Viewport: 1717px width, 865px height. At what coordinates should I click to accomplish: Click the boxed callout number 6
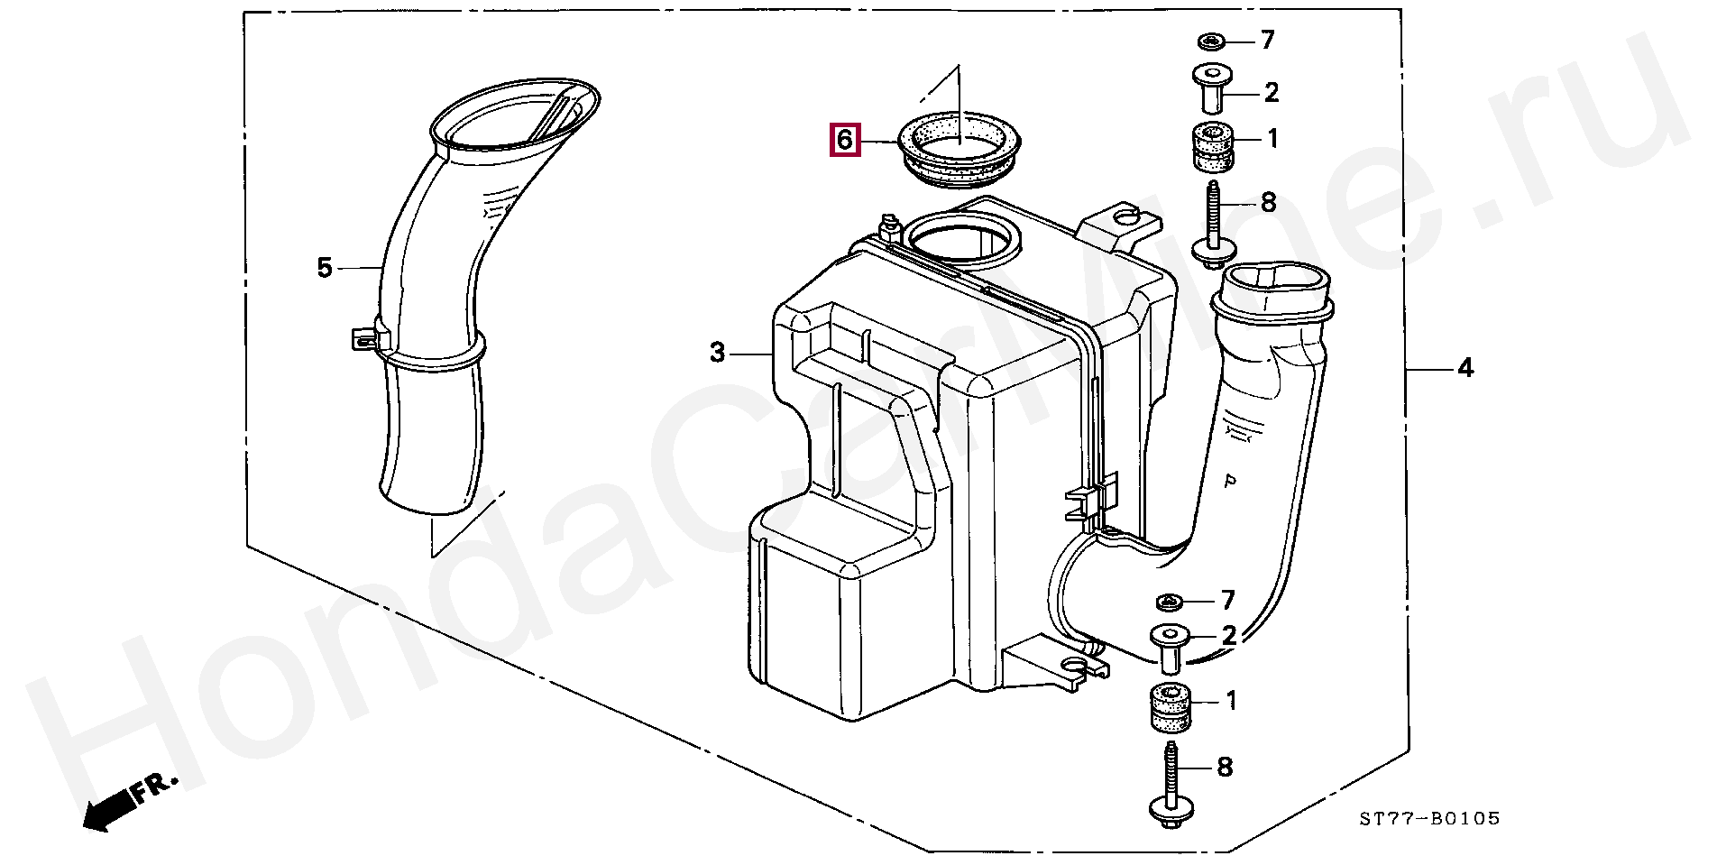(x=845, y=140)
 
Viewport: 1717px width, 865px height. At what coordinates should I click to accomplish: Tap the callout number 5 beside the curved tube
(x=325, y=268)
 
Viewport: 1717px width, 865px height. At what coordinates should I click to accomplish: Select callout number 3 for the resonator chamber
(x=717, y=353)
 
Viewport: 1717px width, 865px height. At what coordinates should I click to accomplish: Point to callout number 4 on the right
(x=1465, y=368)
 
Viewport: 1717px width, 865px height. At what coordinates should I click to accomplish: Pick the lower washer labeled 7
(x=1169, y=601)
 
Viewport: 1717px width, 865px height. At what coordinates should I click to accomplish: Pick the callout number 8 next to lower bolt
(x=1225, y=768)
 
